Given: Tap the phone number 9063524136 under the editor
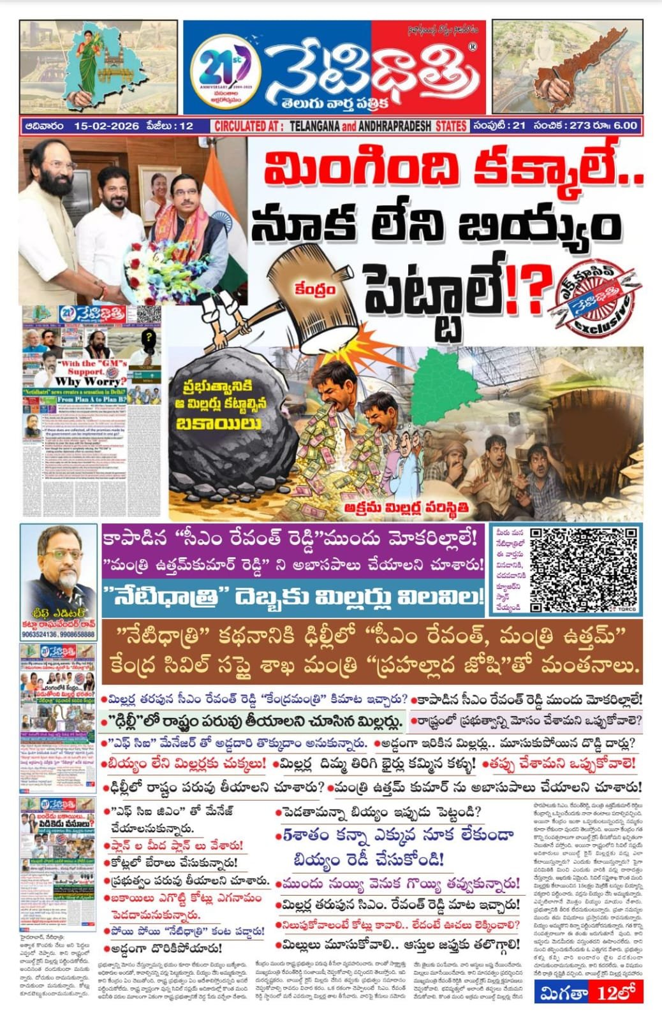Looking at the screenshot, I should tap(40, 635).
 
